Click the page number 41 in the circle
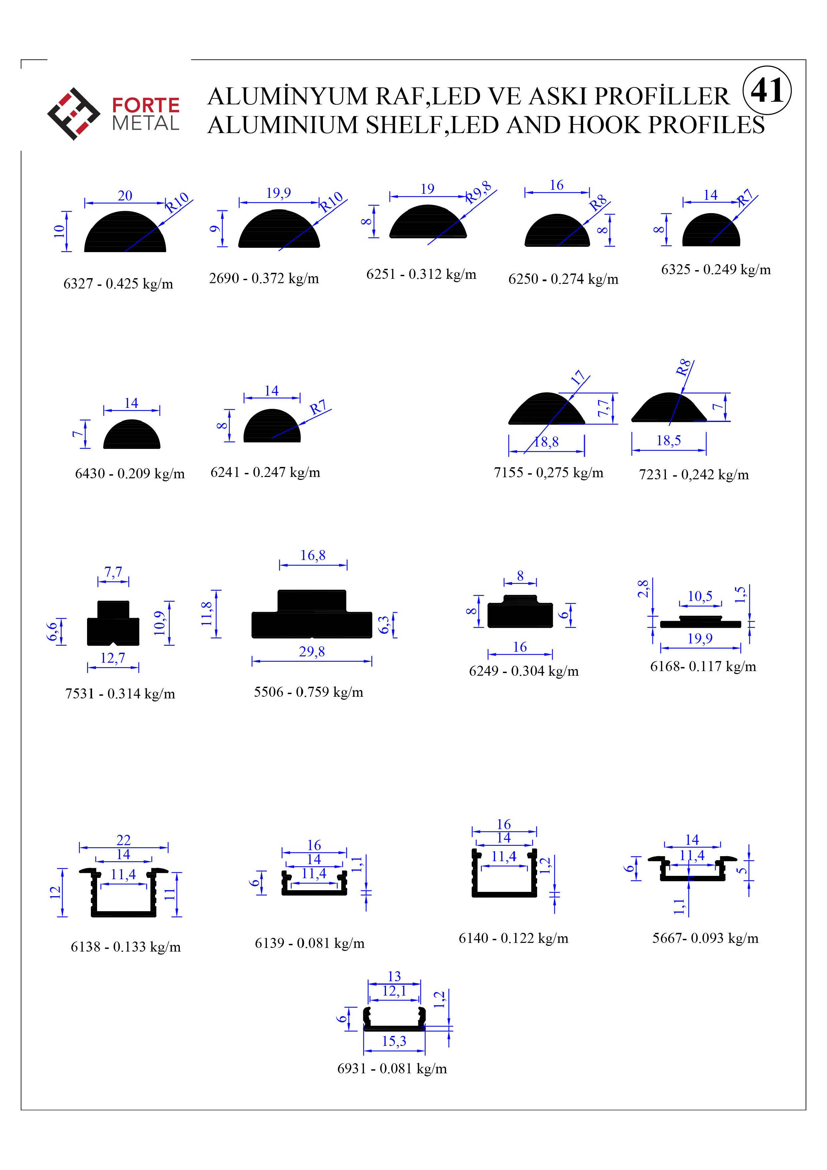[x=767, y=91]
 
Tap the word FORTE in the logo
[x=146, y=105]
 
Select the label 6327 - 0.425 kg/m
[x=118, y=284]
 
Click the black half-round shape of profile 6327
[x=125, y=232]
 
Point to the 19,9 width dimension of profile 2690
[x=279, y=193]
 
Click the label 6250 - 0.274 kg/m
[x=563, y=279]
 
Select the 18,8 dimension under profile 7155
[x=546, y=442]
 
